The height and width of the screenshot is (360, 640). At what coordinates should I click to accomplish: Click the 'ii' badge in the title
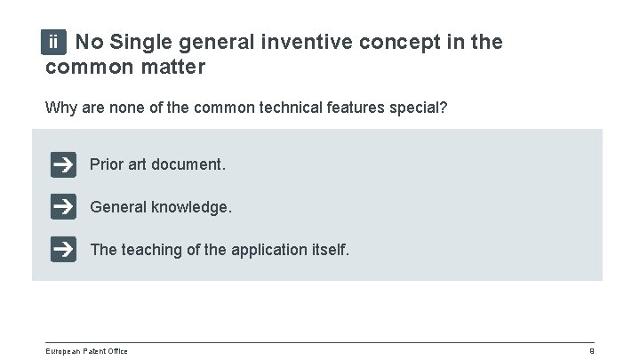[x=55, y=42]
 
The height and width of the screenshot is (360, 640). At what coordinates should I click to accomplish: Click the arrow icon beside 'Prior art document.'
[x=63, y=165]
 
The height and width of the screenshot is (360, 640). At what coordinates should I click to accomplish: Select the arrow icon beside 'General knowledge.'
[x=63, y=207]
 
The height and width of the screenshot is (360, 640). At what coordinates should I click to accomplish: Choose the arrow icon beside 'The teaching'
[x=63, y=250]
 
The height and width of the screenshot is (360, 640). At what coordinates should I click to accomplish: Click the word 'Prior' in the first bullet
[x=107, y=165]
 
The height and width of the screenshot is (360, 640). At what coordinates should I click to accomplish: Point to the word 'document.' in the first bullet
[x=194, y=165]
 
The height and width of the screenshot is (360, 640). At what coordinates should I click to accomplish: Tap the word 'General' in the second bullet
[x=119, y=207]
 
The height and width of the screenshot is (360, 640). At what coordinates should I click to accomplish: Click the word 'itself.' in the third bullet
[x=329, y=250]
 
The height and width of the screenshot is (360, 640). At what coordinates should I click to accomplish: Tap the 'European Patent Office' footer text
[x=86, y=351]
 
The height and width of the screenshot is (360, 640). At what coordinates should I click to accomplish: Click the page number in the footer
[x=591, y=351]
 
